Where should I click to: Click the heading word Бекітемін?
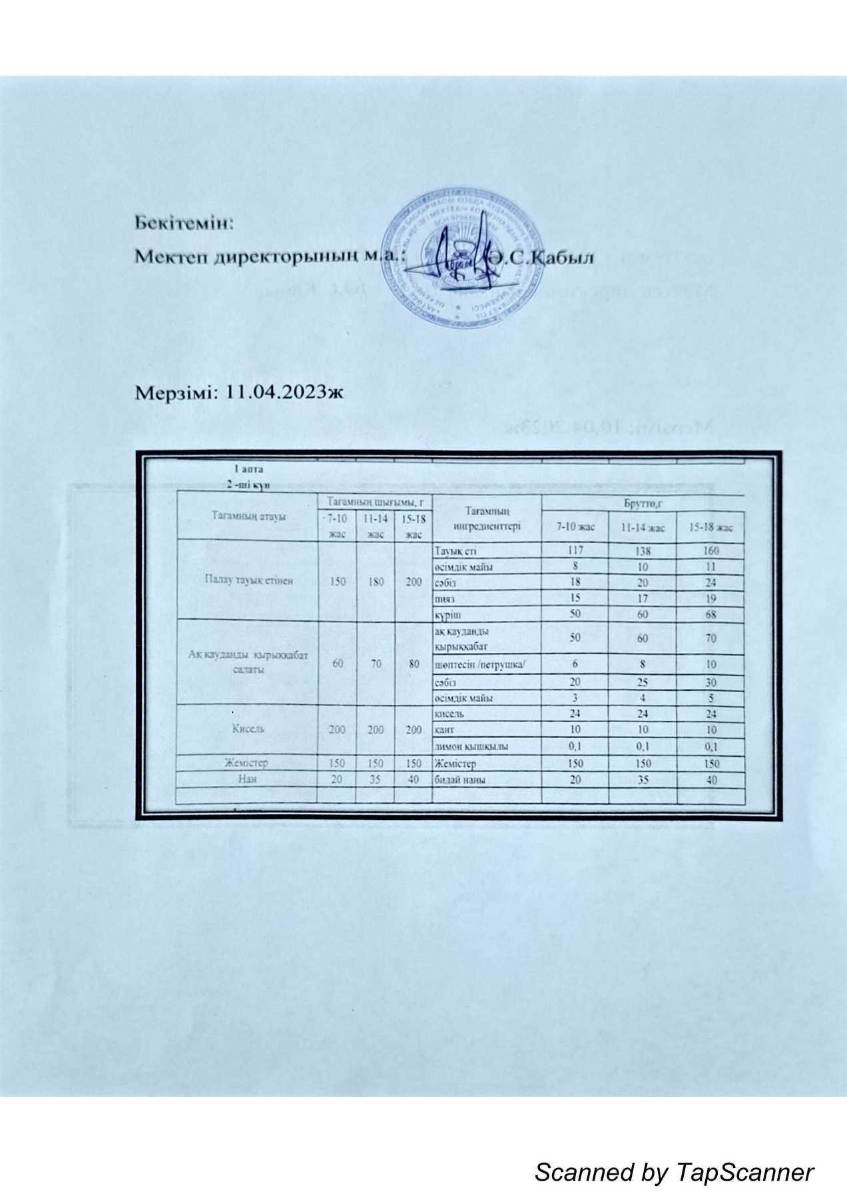coord(184,222)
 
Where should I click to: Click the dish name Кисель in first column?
coord(248,728)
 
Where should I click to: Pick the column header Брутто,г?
coord(643,504)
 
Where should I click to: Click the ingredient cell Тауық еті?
coord(455,551)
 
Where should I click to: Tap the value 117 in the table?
coord(575,551)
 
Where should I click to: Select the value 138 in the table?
coord(643,551)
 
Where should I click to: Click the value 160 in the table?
coord(711,551)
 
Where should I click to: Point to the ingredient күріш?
coord(447,614)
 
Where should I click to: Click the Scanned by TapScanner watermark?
coord(674,1172)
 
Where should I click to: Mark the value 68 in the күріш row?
coord(711,614)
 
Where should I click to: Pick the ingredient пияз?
coord(445,598)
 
